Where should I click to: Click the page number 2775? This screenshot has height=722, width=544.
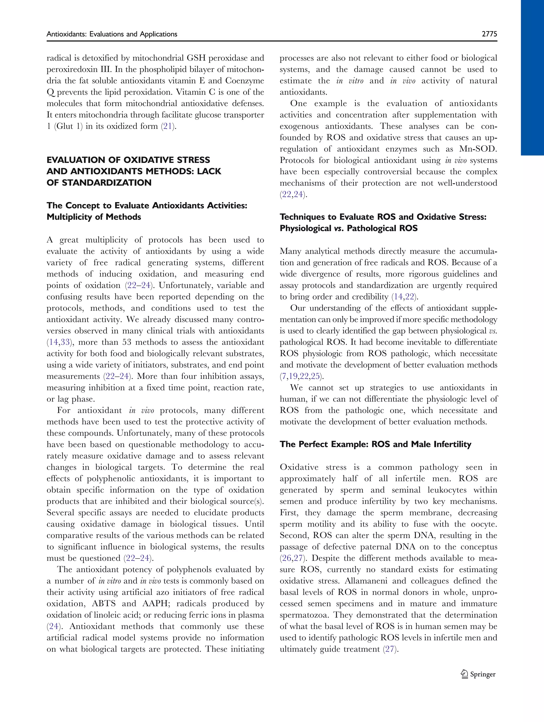[489, 34]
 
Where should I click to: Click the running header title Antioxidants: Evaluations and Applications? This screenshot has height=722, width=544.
[112, 34]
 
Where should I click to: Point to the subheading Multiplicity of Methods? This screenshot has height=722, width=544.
[94, 217]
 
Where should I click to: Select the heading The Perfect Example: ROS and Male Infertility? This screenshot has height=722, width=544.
[375, 444]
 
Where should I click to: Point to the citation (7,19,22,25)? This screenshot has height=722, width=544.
[301, 376]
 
